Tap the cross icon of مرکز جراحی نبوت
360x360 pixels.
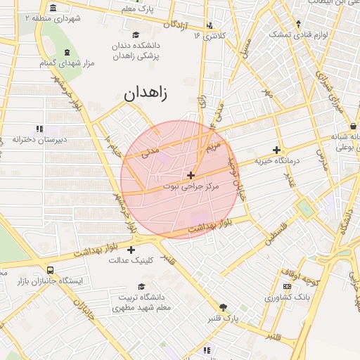point(191,174)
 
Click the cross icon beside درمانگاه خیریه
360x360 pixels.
point(276,150)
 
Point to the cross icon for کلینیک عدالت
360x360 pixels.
point(131,249)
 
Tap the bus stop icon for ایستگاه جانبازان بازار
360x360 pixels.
point(49,269)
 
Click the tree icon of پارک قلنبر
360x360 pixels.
point(224,307)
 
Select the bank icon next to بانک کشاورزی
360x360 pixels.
point(286,286)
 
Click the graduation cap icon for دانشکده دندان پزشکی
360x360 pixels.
point(136,34)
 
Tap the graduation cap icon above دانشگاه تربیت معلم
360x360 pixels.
point(142,286)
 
